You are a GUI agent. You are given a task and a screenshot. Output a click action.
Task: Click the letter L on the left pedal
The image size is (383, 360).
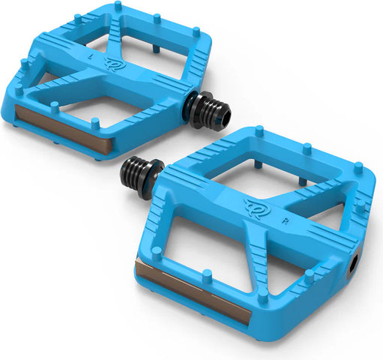click(91, 57)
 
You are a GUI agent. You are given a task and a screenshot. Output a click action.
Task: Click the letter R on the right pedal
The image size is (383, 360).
click(285, 221)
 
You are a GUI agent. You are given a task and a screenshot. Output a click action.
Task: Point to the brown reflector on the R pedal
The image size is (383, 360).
click(192, 292)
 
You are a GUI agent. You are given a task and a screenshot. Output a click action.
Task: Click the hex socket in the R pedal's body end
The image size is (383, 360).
click(355, 263)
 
